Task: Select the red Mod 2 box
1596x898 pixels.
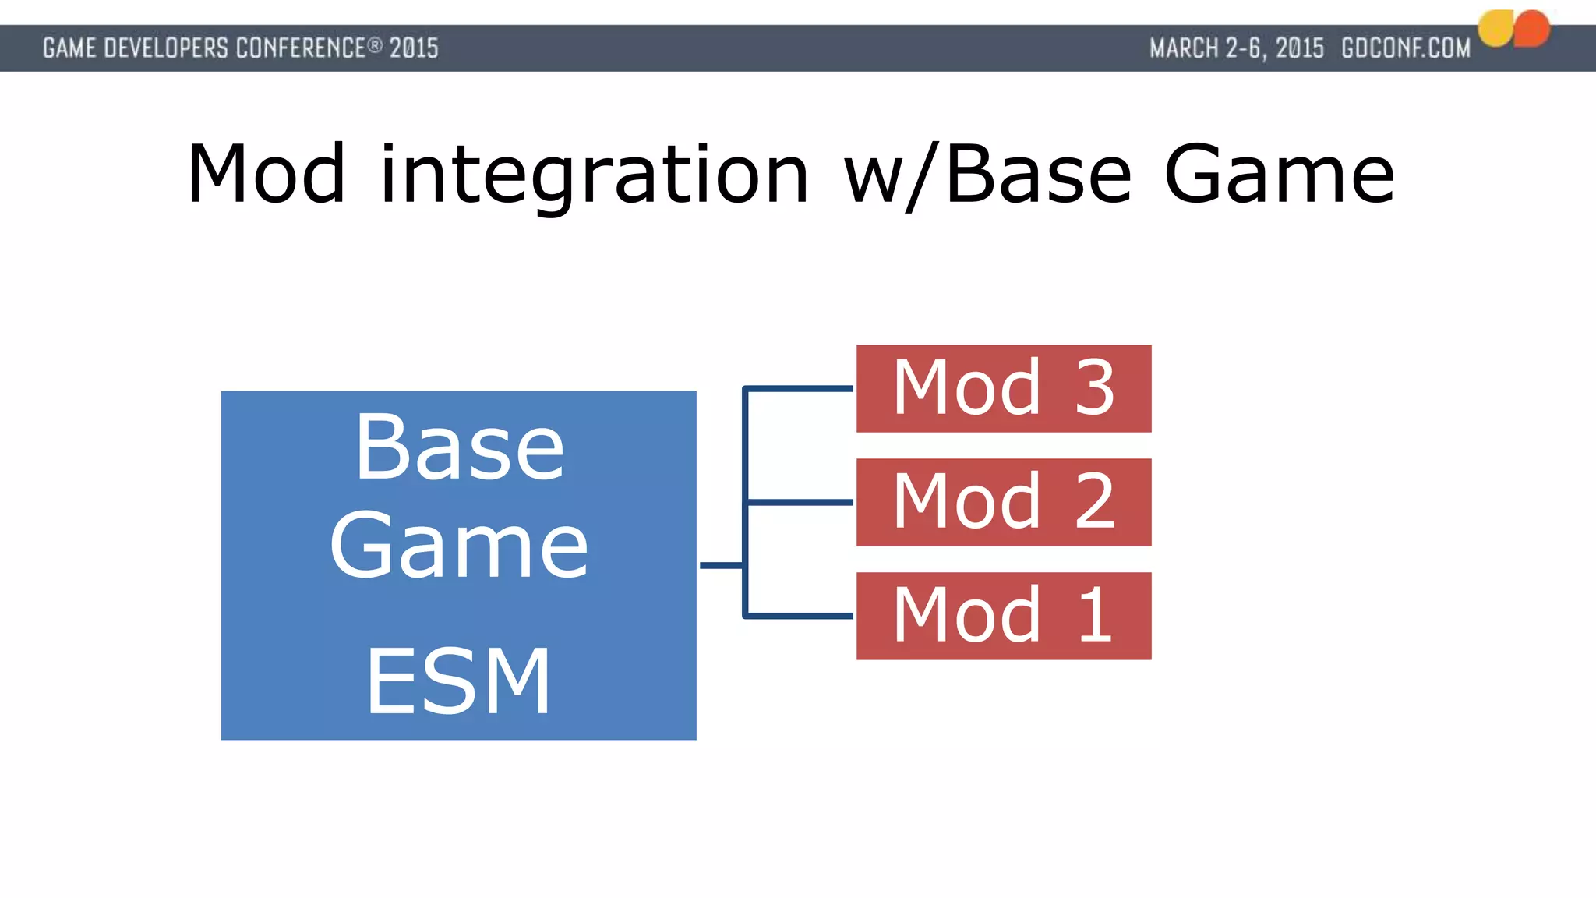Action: pos(1003,502)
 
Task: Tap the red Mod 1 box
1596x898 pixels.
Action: pos(1003,616)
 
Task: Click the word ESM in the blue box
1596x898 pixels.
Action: pos(458,681)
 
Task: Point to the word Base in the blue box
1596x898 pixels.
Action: pos(458,447)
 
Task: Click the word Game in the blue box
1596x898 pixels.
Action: pos(458,545)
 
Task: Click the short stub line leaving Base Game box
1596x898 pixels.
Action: pos(720,565)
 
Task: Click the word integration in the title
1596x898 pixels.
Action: pos(594,175)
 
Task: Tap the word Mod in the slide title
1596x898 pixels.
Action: pos(266,175)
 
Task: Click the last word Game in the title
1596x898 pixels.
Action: pos(1279,175)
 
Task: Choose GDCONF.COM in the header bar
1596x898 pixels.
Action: pos(1405,48)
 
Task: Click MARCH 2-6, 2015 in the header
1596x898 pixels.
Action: pos(1236,48)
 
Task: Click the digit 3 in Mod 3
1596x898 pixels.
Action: pos(1094,387)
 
